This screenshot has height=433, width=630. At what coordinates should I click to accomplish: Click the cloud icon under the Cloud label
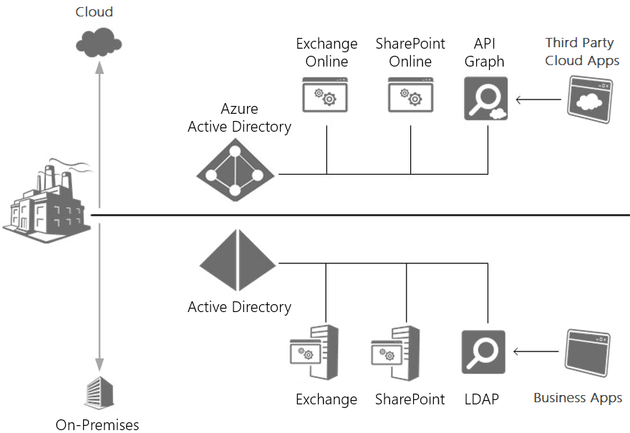pos(94,42)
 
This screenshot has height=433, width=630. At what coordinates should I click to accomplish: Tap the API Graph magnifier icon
pos(485,97)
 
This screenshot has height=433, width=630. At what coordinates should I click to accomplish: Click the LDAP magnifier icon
pos(484,351)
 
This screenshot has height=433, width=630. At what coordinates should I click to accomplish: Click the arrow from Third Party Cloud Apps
pos(538,99)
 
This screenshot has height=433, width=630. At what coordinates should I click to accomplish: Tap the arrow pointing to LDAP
pos(536,351)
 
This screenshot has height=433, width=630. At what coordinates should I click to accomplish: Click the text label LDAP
pos(482,399)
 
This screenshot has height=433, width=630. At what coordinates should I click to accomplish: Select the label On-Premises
pos(97,424)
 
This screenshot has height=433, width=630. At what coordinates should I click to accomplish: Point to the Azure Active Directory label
pos(239,118)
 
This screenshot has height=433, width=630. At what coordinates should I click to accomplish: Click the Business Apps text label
pos(578,398)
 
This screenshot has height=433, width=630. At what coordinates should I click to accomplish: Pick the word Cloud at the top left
pos(94,11)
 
